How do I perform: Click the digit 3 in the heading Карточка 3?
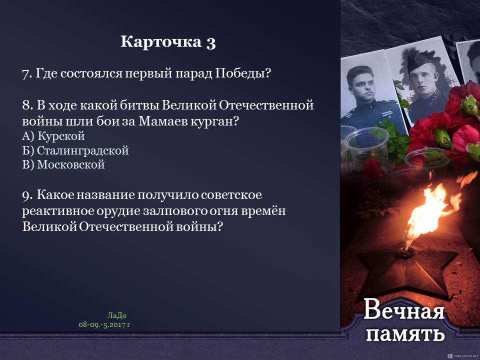[x=211, y=42]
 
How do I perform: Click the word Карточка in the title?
[x=161, y=41]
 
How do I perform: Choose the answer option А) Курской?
[x=53, y=136]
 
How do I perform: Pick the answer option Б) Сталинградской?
[x=75, y=150]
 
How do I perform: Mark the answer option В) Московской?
[x=63, y=164]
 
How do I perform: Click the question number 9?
[x=27, y=195]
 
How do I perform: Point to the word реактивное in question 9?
[x=58, y=211]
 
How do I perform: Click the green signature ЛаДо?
[x=116, y=315]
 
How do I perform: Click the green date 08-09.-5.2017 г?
[x=104, y=325]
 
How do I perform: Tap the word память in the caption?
[x=405, y=333]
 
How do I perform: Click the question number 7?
[x=27, y=74]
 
